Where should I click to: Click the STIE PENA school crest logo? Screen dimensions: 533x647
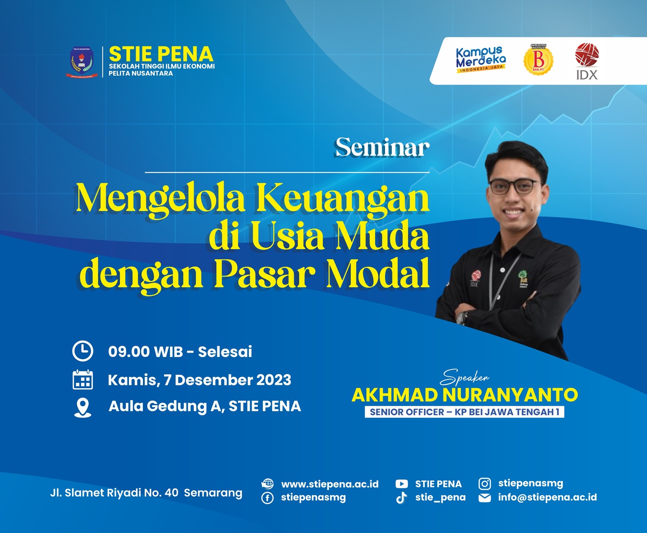point(82,62)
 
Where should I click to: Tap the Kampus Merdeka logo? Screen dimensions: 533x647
point(481,60)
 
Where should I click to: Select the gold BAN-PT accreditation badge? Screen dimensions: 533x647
point(538,59)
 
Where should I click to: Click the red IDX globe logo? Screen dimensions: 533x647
point(587,55)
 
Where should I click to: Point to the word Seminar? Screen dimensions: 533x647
point(382,148)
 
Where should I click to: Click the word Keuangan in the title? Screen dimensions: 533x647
point(343,199)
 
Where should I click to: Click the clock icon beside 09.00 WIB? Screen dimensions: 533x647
point(83,351)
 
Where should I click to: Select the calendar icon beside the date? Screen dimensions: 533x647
point(83,380)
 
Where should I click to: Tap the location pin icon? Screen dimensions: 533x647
point(83,407)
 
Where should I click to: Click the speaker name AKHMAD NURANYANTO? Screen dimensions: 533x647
point(464,395)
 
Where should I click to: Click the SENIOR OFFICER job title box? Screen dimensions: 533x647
point(464,412)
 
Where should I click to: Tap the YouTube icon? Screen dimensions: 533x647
point(401,484)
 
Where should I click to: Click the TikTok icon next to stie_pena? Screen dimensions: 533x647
point(401,498)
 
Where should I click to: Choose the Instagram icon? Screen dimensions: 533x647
point(485,484)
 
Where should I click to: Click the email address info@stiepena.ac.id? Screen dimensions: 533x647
point(547,497)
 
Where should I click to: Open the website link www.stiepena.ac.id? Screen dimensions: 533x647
point(330,484)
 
